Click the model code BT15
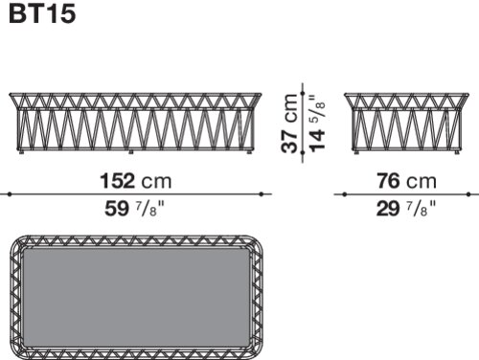[x=42, y=13]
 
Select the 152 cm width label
[x=136, y=181]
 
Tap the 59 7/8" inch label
[x=134, y=209]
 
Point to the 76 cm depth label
[x=406, y=181]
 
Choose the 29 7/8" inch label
[x=406, y=209]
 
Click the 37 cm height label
[x=289, y=124]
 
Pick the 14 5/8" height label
[x=316, y=124]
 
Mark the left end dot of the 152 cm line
[x=10, y=194]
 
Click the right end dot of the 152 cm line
[x=262, y=194]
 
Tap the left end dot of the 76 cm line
[x=345, y=194]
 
